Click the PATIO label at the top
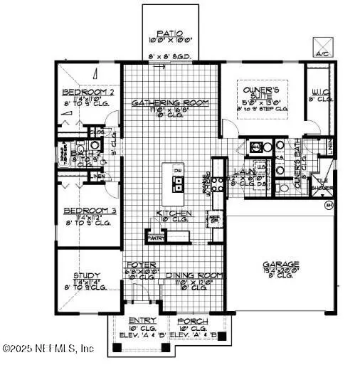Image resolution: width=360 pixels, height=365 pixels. click(x=169, y=33)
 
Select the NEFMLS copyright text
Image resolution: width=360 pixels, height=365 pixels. click(x=48, y=349)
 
